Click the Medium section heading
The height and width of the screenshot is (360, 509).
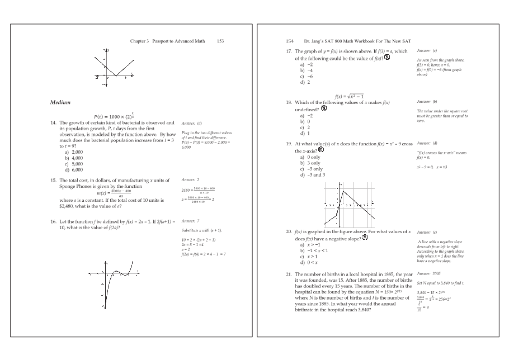(60, 102)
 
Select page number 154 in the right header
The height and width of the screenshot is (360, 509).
(290, 41)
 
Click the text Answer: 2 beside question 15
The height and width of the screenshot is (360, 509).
(191, 180)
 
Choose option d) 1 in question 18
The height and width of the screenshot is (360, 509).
(305, 133)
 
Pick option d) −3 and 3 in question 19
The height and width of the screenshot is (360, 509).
(313, 175)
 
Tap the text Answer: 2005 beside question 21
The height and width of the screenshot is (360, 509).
(425, 274)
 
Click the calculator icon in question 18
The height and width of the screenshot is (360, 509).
(324, 108)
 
